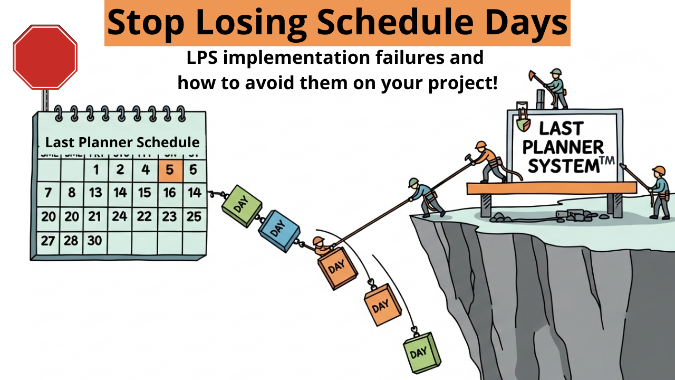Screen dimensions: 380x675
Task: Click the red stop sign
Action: click(45, 57)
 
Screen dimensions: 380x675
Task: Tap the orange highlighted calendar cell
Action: click(170, 170)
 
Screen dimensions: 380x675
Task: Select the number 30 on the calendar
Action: click(94, 241)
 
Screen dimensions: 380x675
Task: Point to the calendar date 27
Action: click(48, 241)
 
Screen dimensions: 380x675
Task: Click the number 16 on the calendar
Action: click(169, 193)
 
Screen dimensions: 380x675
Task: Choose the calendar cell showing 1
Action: click(96, 170)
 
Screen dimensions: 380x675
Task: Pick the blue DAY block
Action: click(278, 230)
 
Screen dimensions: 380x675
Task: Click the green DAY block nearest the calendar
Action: click(242, 206)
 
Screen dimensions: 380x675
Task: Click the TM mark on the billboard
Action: click(607, 160)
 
